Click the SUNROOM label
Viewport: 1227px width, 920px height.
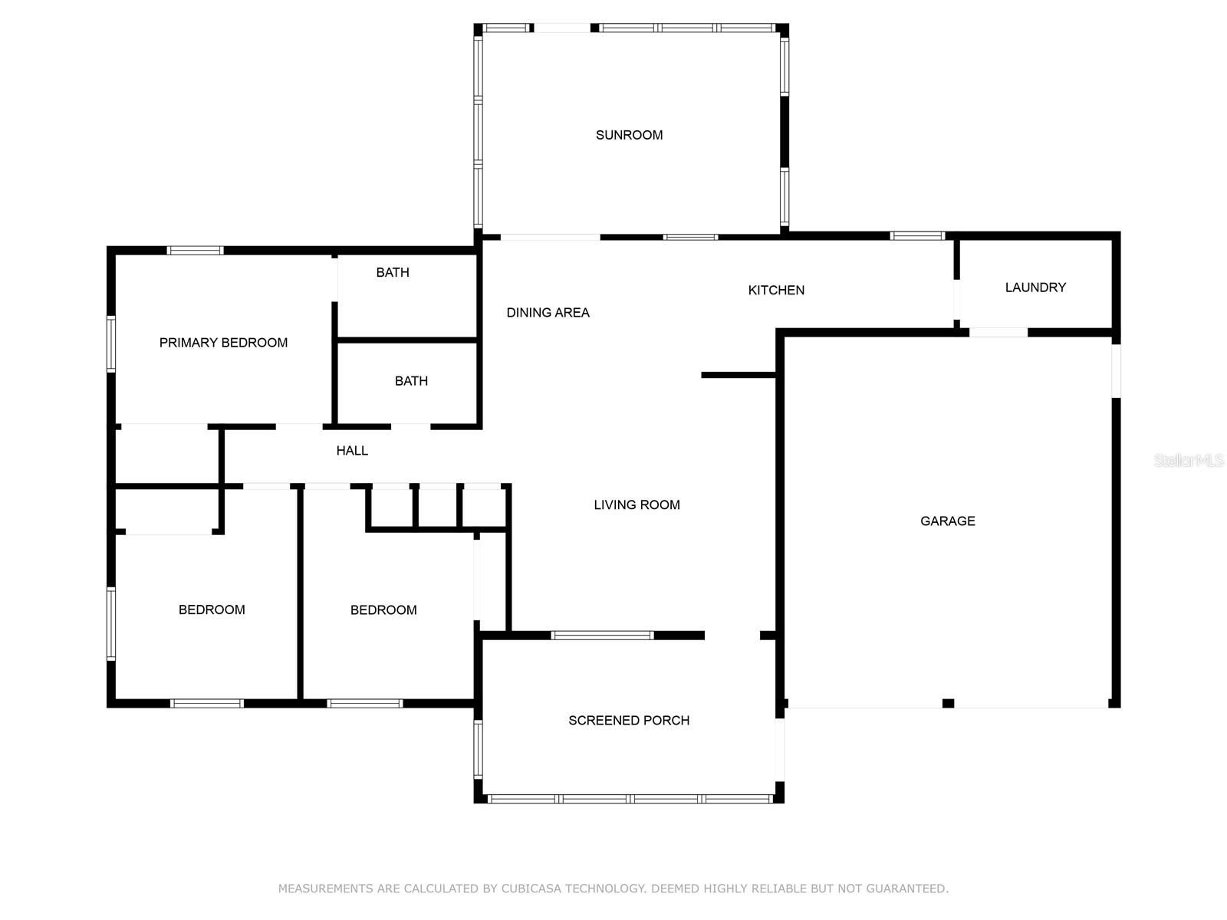tap(629, 135)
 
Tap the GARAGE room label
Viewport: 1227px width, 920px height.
tap(947, 521)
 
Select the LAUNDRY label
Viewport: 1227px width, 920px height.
tap(1035, 287)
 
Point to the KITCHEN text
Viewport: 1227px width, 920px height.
tap(776, 290)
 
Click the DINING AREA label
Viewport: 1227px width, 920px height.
tap(548, 313)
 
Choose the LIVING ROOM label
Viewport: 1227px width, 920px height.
tap(637, 504)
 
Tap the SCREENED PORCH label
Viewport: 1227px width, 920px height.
tap(629, 721)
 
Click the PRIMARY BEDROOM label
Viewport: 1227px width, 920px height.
tap(223, 343)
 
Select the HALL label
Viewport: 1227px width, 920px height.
tap(352, 451)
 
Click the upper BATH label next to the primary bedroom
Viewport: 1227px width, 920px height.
tap(393, 272)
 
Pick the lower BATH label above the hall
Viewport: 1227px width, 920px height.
tap(411, 381)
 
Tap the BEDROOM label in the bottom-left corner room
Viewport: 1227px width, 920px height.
tap(212, 610)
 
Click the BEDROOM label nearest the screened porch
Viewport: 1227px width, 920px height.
tap(383, 610)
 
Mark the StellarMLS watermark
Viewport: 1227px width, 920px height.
tap(1188, 461)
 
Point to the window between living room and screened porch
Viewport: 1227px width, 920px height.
tap(603, 635)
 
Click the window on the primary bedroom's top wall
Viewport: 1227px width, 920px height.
tap(195, 250)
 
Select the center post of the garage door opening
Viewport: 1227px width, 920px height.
tap(948, 703)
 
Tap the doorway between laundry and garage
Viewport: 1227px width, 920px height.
tap(998, 333)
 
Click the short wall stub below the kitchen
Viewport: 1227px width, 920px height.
tap(739, 375)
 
